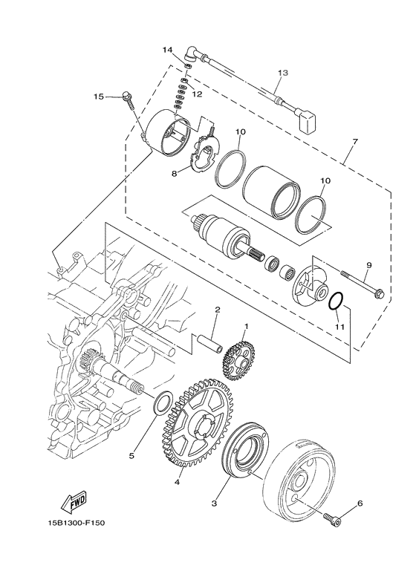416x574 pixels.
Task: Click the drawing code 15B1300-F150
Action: [77, 523]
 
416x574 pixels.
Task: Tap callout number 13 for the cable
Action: [283, 73]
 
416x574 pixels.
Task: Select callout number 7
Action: [355, 141]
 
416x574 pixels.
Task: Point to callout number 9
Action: [368, 264]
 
